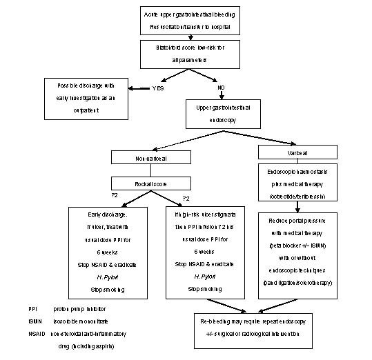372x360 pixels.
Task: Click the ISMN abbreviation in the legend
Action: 26,321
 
